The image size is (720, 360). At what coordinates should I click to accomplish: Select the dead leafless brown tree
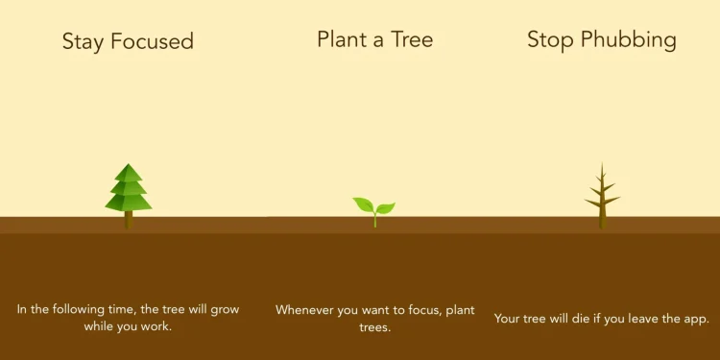(x=602, y=199)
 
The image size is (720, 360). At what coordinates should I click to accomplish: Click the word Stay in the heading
(x=83, y=41)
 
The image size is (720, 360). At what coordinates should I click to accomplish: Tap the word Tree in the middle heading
(x=413, y=39)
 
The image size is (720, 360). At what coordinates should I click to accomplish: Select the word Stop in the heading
(x=551, y=39)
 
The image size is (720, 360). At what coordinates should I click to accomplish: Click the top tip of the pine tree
(x=128, y=165)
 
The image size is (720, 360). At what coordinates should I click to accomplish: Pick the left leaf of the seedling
(x=364, y=204)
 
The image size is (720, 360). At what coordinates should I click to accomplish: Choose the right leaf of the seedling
(x=385, y=207)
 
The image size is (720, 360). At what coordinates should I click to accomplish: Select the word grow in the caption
(x=222, y=309)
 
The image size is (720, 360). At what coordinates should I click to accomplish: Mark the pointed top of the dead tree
(x=602, y=165)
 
